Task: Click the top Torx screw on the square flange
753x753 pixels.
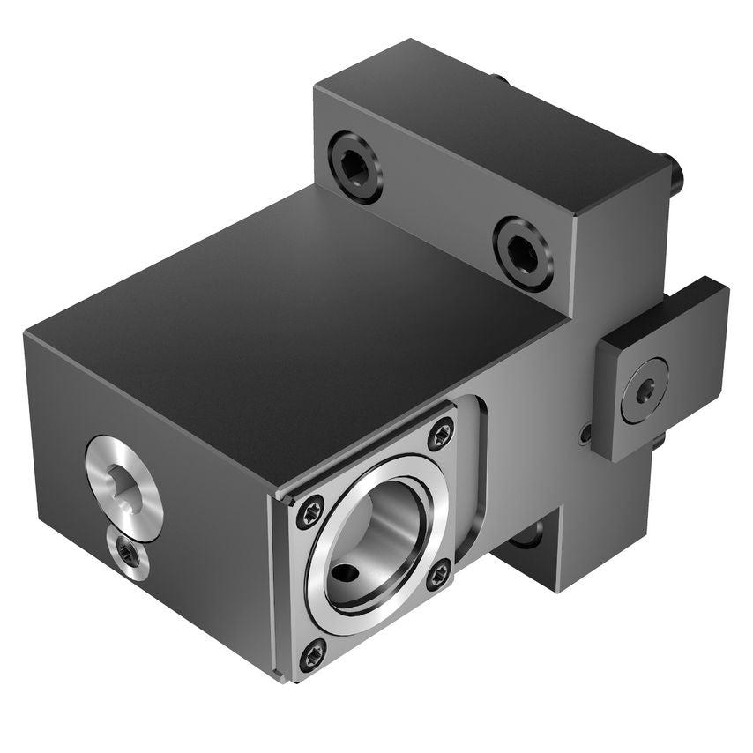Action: [440, 433]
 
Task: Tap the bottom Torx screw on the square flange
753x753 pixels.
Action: [313, 654]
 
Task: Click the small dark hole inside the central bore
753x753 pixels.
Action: [344, 577]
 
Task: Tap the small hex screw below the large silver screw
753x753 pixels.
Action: [127, 554]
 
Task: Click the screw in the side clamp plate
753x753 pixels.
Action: [644, 389]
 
